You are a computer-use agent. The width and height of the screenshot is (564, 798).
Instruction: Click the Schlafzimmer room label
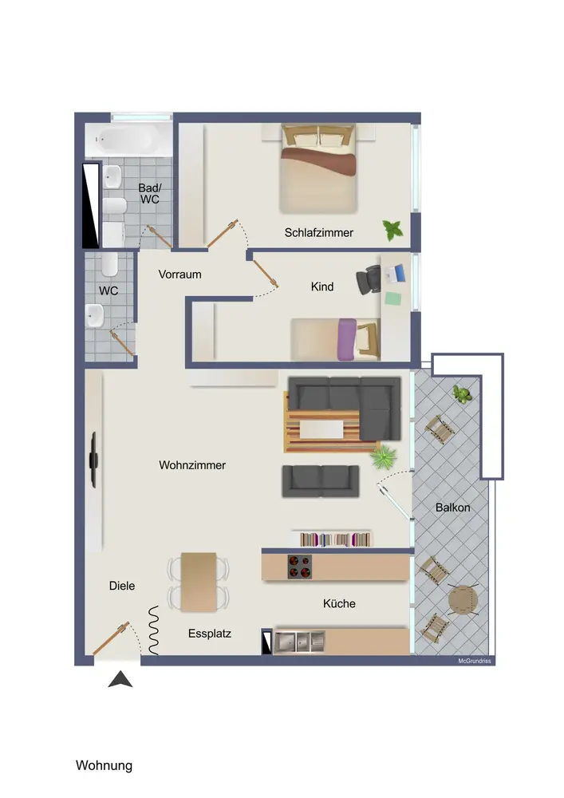[318, 232]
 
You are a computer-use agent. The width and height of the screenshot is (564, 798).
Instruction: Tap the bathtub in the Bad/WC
[129, 139]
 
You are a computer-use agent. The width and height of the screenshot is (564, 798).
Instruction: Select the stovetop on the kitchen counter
[299, 567]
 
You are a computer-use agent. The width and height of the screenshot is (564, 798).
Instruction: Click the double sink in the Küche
[299, 642]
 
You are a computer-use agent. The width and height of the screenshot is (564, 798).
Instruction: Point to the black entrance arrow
[120, 679]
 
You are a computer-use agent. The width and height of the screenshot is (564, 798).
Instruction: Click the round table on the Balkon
[463, 601]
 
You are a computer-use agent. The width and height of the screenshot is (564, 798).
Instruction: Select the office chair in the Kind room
[369, 280]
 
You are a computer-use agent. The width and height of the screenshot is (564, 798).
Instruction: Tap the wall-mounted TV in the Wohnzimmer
[93, 460]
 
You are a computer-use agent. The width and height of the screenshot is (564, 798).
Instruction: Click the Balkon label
[452, 508]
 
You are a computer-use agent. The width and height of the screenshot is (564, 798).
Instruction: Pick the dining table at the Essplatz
[199, 582]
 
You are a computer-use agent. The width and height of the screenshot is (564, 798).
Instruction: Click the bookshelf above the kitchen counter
[334, 539]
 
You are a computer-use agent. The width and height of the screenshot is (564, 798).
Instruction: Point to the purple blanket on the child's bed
[347, 339]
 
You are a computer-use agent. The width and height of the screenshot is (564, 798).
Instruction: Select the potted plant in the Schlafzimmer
[392, 230]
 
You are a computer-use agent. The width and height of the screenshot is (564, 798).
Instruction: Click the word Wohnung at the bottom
[105, 765]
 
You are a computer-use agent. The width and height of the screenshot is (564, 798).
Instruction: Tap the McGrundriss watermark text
[475, 661]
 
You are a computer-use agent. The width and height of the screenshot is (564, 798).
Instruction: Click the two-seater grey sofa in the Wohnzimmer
[321, 481]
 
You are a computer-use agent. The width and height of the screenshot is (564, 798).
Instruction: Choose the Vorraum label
[179, 275]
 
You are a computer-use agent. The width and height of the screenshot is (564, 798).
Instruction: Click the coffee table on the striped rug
[321, 429]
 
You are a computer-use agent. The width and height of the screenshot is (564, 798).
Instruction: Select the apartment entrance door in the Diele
[111, 638]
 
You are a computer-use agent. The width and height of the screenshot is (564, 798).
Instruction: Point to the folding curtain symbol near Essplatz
[153, 630]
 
